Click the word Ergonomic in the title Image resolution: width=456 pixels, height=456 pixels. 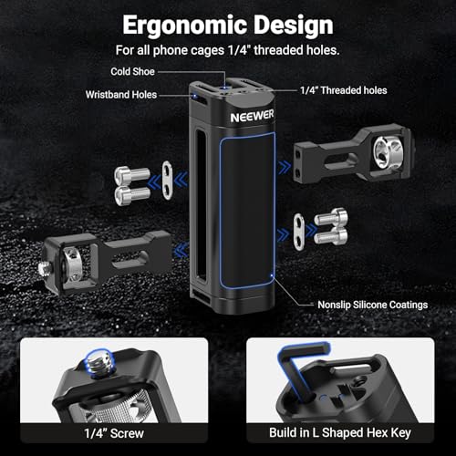(x=185, y=26)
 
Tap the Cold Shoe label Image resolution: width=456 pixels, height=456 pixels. (x=132, y=72)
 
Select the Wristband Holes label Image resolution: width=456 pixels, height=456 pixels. (x=121, y=95)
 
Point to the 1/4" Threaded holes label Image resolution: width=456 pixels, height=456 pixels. (x=344, y=90)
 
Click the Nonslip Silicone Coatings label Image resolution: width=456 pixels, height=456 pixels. (x=373, y=305)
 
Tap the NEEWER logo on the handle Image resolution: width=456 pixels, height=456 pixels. (x=252, y=116)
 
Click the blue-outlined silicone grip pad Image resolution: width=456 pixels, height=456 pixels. (x=247, y=211)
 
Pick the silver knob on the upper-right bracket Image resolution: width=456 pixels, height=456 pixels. (x=389, y=151)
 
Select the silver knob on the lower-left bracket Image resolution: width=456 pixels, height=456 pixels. (x=70, y=264)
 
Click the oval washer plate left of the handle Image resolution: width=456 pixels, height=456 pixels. (x=167, y=181)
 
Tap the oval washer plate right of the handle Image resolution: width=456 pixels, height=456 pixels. (x=299, y=232)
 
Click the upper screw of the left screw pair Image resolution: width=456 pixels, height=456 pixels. (x=132, y=175)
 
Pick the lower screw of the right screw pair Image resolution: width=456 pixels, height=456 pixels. (x=331, y=236)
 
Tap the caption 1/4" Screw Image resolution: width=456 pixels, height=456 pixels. (x=114, y=433)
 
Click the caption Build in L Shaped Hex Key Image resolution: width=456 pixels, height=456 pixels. (x=340, y=432)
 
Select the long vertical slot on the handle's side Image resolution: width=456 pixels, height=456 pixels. (x=200, y=204)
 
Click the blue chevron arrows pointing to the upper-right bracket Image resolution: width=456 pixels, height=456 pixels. (x=285, y=167)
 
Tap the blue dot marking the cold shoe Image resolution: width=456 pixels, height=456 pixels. (x=224, y=88)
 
